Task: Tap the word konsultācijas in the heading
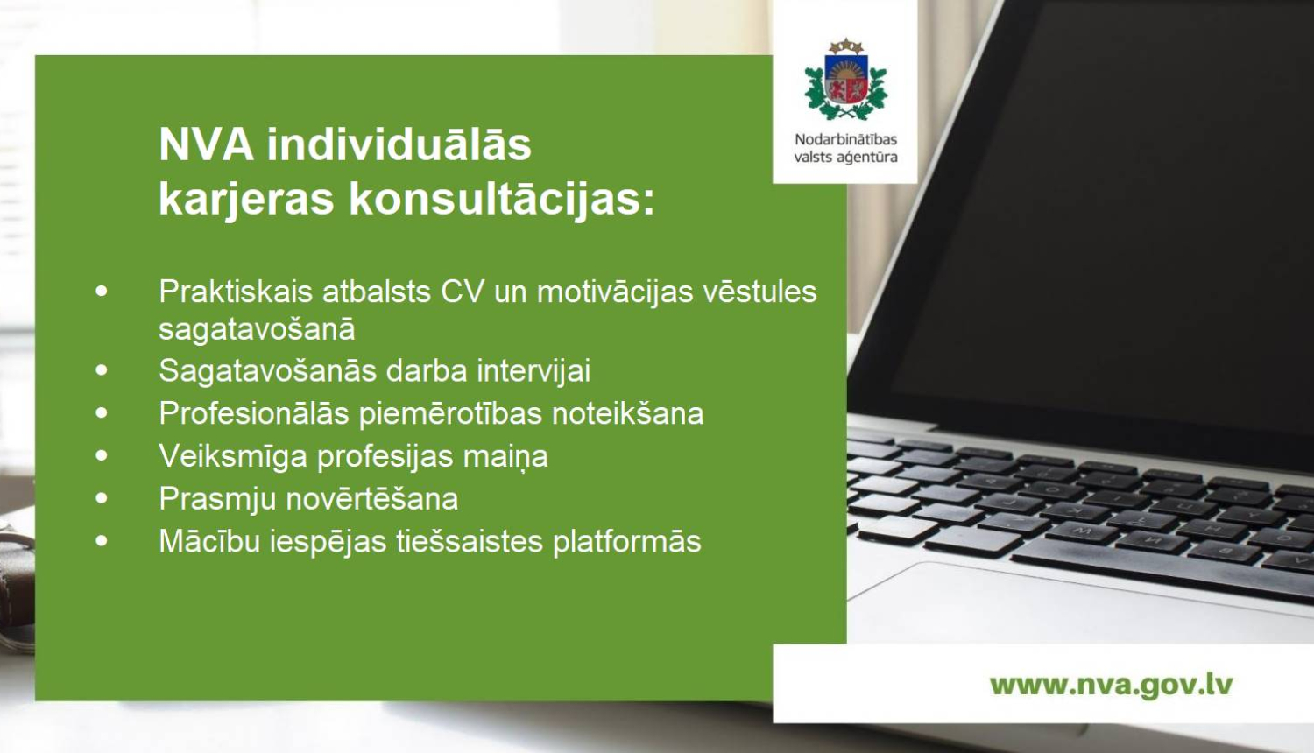(x=501, y=200)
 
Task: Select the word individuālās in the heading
(x=399, y=145)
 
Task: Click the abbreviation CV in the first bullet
(x=463, y=292)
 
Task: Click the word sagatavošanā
(x=257, y=329)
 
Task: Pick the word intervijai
(x=533, y=371)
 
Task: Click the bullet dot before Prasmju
(x=102, y=498)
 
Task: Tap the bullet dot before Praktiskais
(x=102, y=291)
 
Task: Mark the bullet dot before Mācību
(x=102, y=541)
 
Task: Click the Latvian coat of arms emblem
(x=845, y=81)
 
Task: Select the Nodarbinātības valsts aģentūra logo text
(x=845, y=148)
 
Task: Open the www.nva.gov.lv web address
(x=1111, y=685)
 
